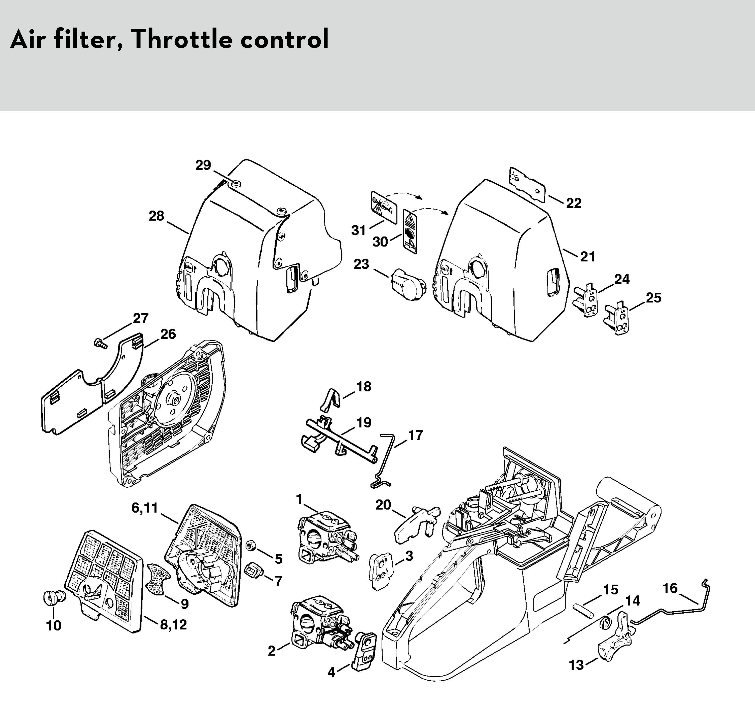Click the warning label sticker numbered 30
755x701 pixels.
point(410,231)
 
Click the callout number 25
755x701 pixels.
point(654,298)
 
